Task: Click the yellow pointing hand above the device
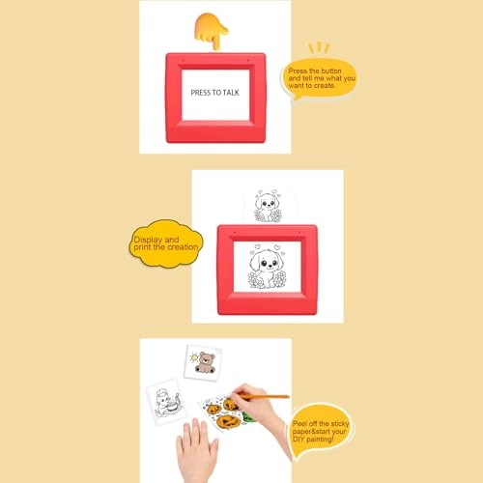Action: click(x=211, y=31)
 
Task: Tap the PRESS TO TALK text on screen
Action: click(x=214, y=93)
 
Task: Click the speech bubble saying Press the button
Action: click(x=319, y=79)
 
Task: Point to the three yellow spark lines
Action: click(x=319, y=47)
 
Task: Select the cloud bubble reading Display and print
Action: click(x=166, y=243)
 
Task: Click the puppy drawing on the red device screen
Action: click(x=267, y=266)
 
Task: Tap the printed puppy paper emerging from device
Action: click(x=268, y=206)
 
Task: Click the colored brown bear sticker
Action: click(x=205, y=363)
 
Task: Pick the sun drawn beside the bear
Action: click(x=194, y=357)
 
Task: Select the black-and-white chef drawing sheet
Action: click(x=165, y=402)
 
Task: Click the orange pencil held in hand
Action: click(x=264, y=396)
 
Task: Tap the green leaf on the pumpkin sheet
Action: click(x=248, y=417)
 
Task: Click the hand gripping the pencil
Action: click(x=258, y=406)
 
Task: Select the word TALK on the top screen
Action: click(x=231, y=93)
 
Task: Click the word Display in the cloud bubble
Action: click(x=148, y=240)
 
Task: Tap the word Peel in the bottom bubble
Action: click(x=299, y=423)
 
